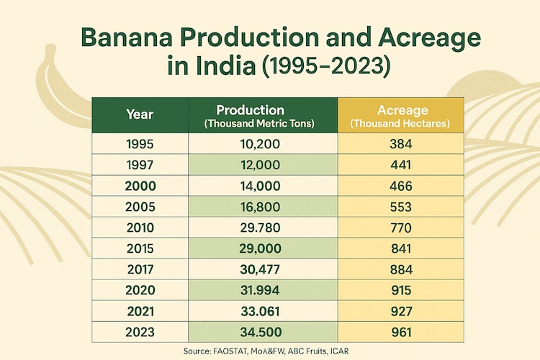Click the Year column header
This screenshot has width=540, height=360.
point(139,114)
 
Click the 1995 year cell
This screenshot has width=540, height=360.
point(139,144)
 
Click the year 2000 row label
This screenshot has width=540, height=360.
point(139,186)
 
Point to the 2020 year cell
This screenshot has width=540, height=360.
point(139,290)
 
